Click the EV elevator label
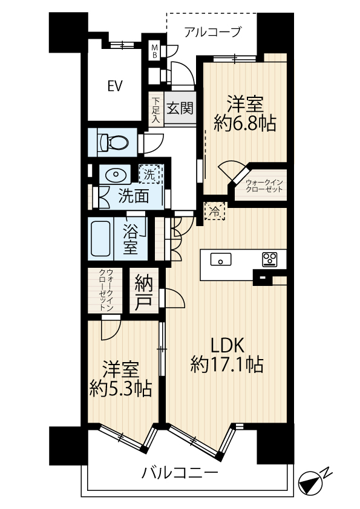click(x=115, y=86)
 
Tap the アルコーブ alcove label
click(x=213, y=32)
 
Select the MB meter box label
click(x=155, y=51)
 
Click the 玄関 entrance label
click(x=180, y=108)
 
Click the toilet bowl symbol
click(x=113, y=142)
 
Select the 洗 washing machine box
click(x=149, y=175)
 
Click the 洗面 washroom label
click(x=134, y=196)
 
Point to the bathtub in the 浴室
click(x=100, y=239)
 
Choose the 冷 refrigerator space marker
click(x=215, y=212)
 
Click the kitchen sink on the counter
click(x=221, y=259)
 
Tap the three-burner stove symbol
click(x=270, y=260)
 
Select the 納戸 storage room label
click(x=143, y=290)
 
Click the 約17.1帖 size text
click(x=227, y=365)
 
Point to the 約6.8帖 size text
click(x=245, y=124)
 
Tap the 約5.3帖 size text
click(x=121, y=388)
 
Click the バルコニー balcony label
click(x=180, y=473)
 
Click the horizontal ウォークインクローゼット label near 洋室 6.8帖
click(x=264, y=186)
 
